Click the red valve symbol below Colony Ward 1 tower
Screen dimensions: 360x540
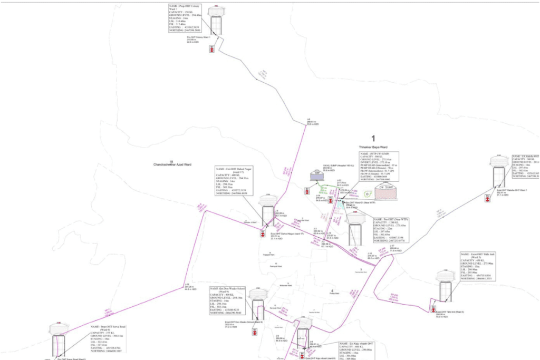point(211,48)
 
